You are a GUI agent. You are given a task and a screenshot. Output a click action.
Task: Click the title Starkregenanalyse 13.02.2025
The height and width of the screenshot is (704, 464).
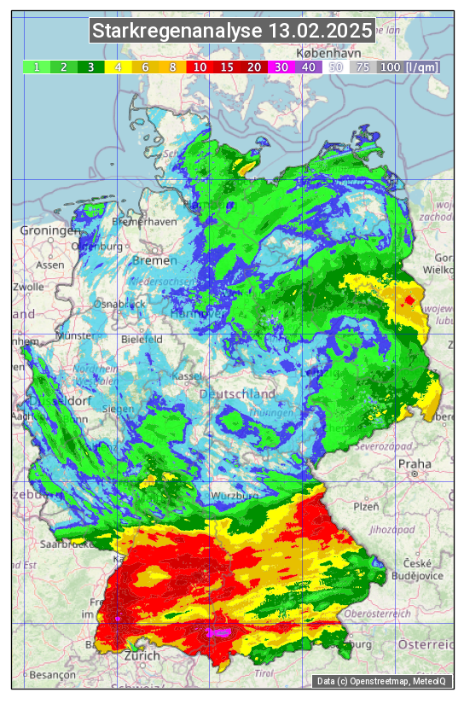(x=232, y=32)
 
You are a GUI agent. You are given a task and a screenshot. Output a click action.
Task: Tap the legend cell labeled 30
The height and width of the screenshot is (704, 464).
(x=281, y=67)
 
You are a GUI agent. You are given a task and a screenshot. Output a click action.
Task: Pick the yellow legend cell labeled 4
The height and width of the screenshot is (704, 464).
(x=118, y=67)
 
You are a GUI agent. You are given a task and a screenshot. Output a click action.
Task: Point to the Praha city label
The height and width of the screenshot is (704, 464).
(x=415, y=464)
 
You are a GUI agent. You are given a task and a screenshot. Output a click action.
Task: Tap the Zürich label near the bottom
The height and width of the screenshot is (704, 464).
(x=142, y=655)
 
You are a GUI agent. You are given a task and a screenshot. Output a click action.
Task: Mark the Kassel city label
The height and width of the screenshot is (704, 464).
(x=185, y=376)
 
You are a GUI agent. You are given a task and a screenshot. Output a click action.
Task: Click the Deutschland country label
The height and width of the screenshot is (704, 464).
(x=237, y=394)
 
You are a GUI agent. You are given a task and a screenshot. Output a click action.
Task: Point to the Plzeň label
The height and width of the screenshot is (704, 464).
(x=366, y=506)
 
